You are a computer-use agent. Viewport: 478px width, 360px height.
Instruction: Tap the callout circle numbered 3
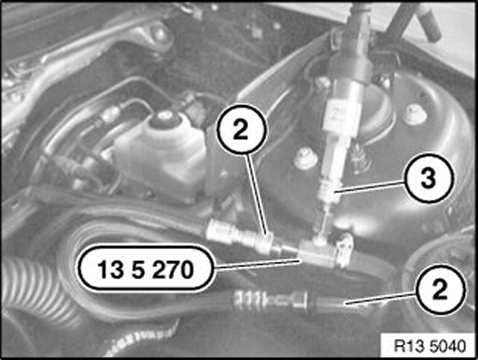coord(428,178)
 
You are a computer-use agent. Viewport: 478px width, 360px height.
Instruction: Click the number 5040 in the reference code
coord(448,346)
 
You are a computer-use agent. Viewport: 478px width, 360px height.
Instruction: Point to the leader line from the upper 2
coord(258,195)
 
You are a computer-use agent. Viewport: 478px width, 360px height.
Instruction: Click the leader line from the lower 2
coord(380,298)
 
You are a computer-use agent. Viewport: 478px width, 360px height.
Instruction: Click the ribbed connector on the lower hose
coord(271,302)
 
